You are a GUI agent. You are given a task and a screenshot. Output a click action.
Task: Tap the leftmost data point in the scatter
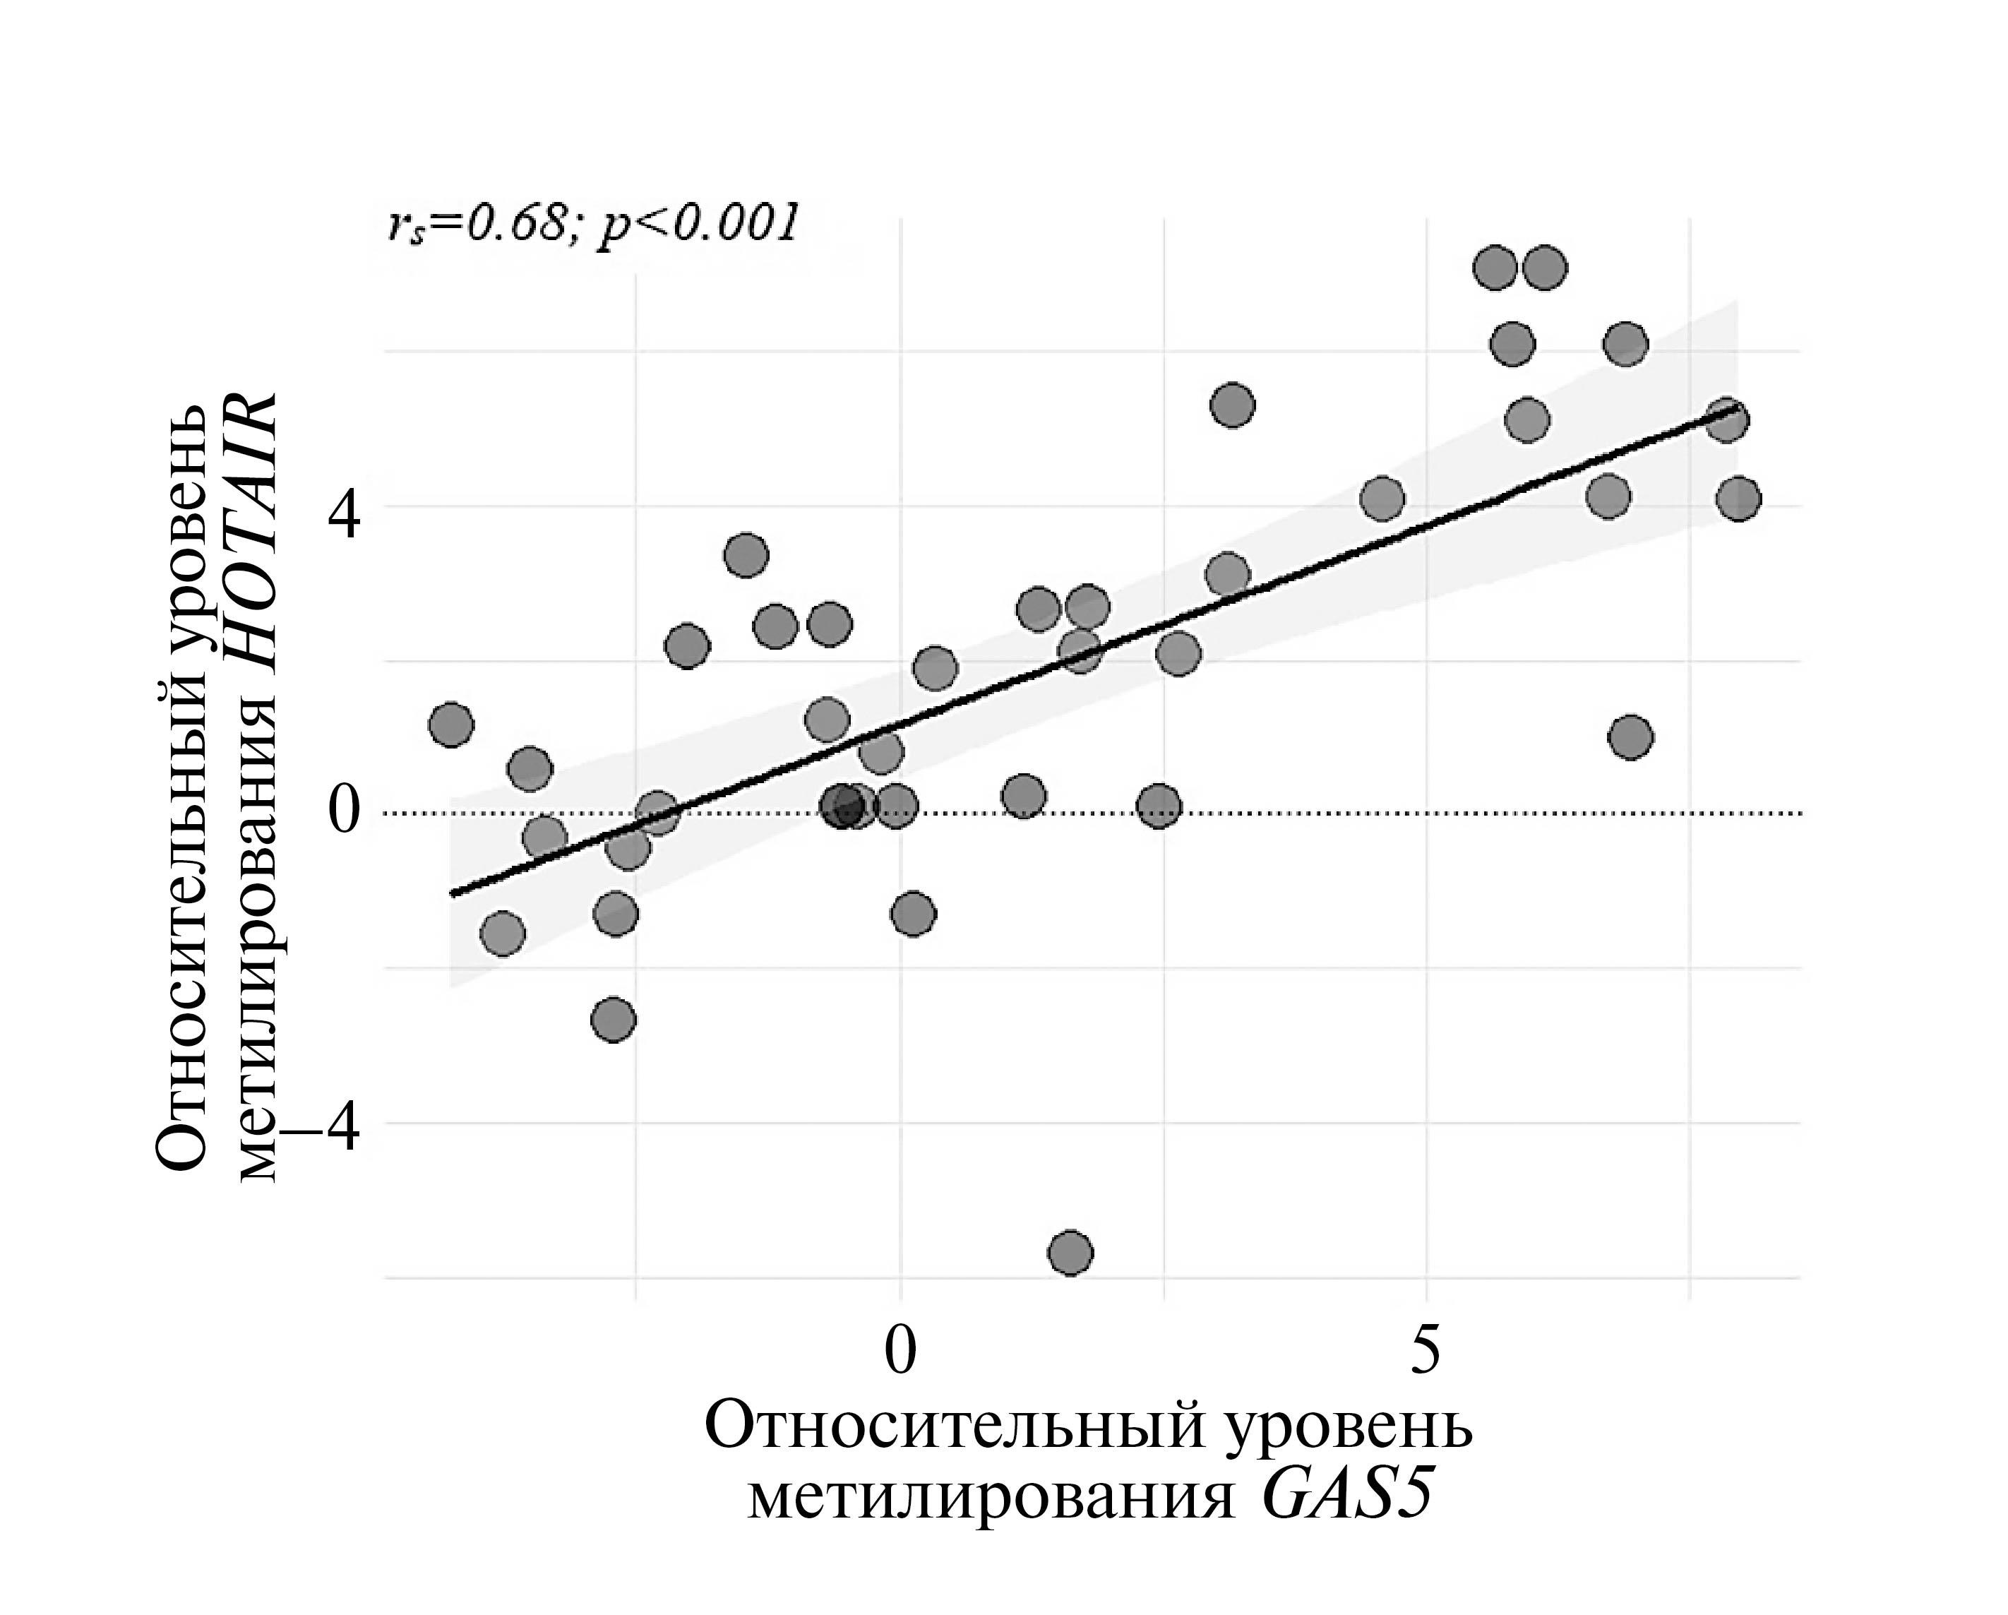click(x=452, y=725)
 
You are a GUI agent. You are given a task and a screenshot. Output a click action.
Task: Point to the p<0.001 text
click(x=698, y=224)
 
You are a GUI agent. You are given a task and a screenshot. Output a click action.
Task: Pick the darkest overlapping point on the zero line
click(x=844, y=806)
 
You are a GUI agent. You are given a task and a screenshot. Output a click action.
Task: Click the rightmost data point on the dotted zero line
click(x=1159, y=806)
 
